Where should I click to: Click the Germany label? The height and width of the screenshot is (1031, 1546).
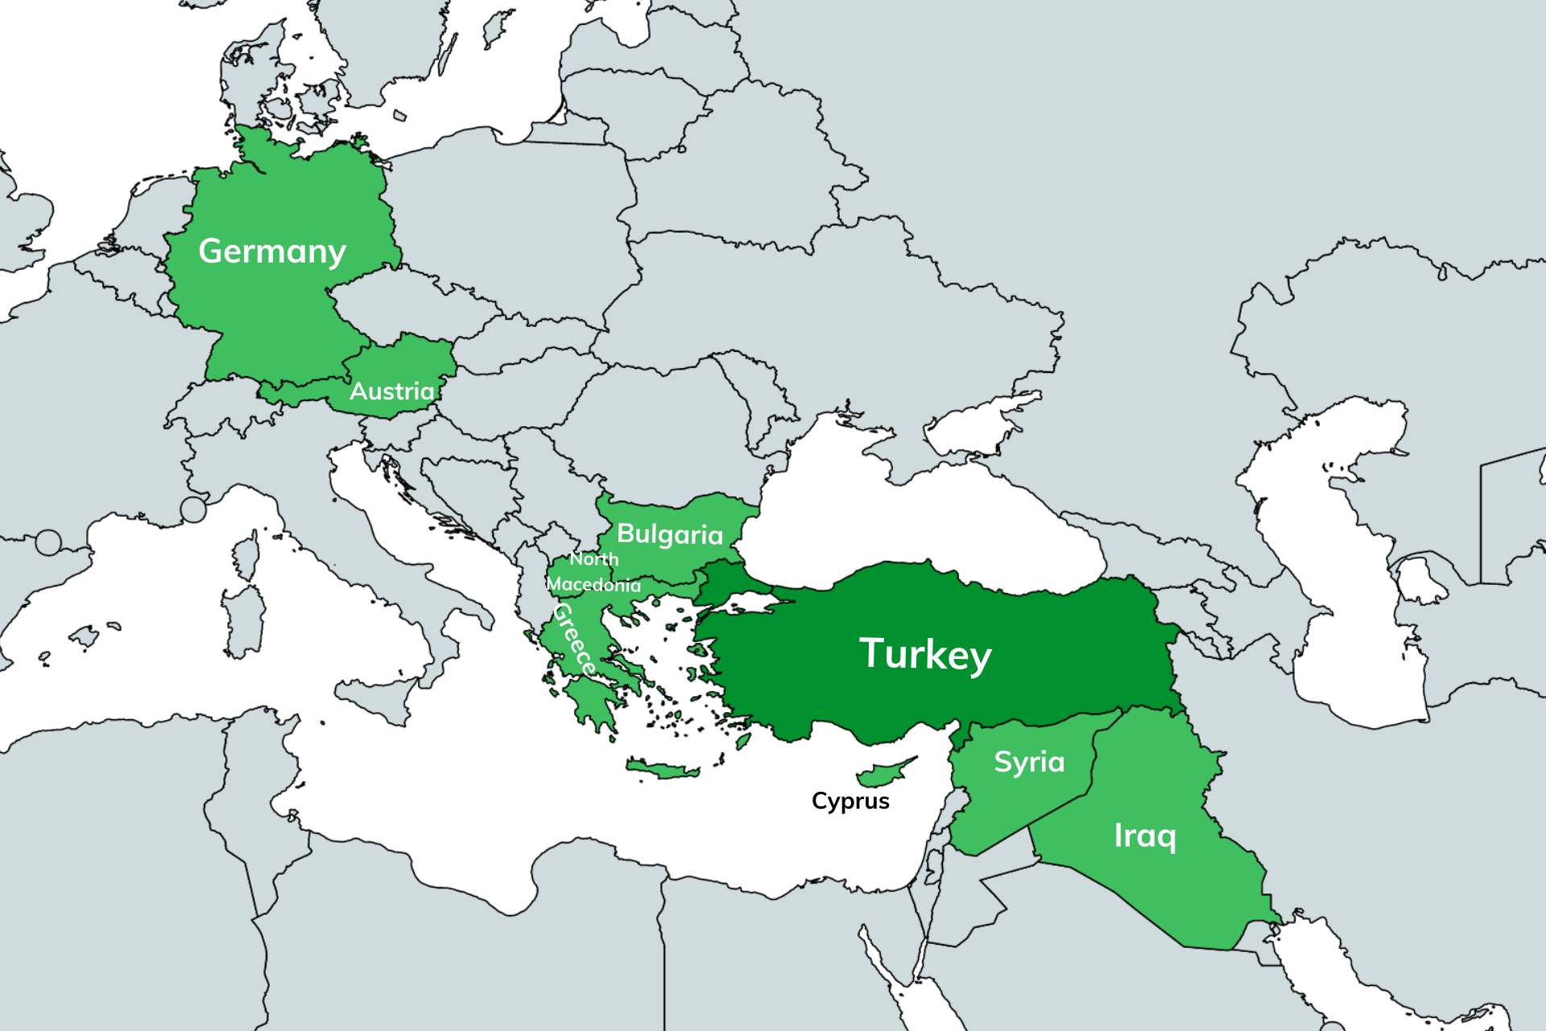click(272, 251)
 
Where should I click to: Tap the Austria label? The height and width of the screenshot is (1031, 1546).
click(392, 391)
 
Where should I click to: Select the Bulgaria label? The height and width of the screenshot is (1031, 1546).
click(670, 534)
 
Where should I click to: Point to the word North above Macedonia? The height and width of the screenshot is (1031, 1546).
click(594, 559)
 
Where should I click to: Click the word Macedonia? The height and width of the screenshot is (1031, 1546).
click(594, 585)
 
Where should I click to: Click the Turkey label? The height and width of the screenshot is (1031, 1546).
click(926, 653)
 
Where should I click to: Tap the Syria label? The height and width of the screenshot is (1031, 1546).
click(1029, 762)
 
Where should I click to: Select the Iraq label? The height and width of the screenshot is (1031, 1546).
click(1145, 836)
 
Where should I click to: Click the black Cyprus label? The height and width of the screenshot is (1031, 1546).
click(850, 801)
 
